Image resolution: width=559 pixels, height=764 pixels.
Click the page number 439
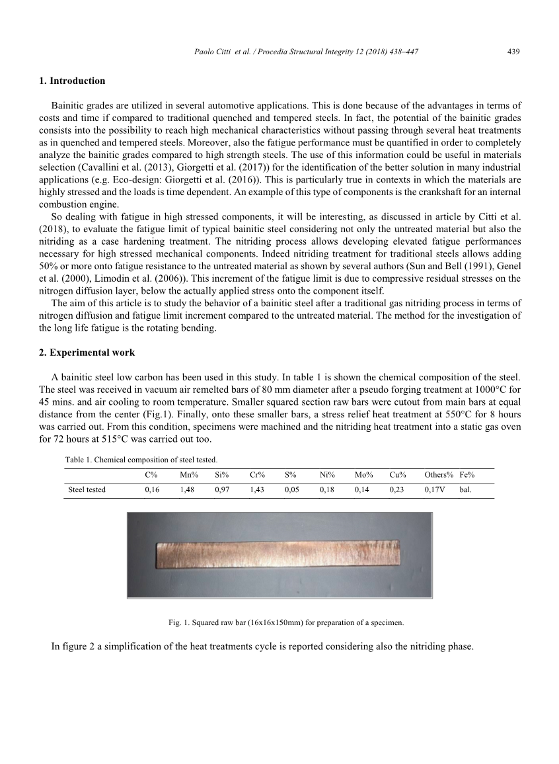[513, 52]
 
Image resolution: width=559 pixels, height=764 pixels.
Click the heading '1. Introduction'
[72, 81]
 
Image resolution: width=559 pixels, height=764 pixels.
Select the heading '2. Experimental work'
[87, 351]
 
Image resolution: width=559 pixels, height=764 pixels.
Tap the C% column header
[151, 475]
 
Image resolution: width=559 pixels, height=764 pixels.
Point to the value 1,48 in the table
[187, 490]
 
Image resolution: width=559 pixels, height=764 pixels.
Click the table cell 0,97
[222, 490]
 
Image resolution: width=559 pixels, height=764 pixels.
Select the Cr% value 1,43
[257, 490]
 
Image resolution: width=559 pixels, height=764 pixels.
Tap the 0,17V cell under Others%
[435, 490]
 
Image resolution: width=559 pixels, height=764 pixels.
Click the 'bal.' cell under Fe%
[465, 490]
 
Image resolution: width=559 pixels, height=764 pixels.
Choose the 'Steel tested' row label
[87, 490]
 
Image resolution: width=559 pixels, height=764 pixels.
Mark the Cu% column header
[398, 475]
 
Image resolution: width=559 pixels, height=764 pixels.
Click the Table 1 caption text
[141, 459]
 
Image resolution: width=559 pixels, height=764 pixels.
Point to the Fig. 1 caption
[286, 622]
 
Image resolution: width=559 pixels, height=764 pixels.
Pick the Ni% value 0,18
[327, 490]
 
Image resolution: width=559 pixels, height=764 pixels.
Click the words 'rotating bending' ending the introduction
[186, 328]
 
